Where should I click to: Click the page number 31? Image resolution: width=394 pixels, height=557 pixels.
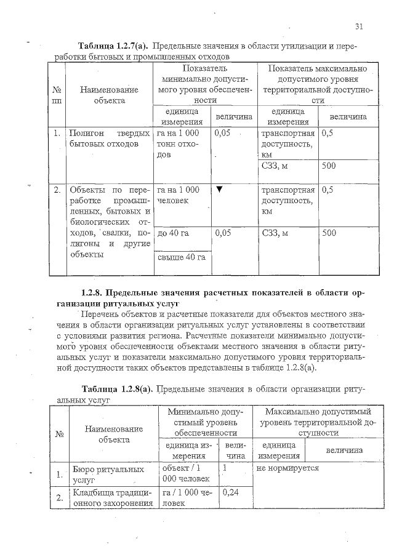[x=359, y=26]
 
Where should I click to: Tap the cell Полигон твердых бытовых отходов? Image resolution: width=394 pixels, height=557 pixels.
[x=110, y=139]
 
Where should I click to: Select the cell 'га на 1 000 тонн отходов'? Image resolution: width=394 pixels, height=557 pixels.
[x=179, y=145]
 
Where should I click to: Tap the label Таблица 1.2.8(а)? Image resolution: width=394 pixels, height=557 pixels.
[x=117, y=389]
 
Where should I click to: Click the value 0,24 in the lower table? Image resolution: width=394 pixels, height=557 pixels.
[x=230, y=492]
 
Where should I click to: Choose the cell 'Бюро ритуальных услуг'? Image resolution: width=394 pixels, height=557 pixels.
[x=100, y=474]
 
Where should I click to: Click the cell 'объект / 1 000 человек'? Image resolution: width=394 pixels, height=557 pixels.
[x=182, y=474]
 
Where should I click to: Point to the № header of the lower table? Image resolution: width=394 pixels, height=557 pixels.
[x=60, y=434]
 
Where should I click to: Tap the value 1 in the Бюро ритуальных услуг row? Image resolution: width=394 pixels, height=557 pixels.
[x=225, y=468]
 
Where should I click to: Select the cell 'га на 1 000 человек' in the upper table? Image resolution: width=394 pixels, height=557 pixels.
[x=179, y=195]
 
